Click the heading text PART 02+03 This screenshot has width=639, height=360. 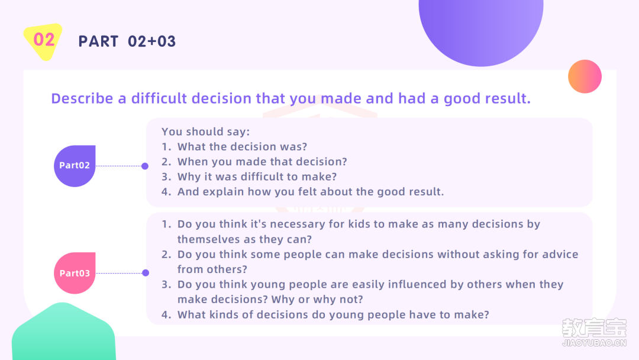[x=127, y=41]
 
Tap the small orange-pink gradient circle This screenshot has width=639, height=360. [x=585, y=76]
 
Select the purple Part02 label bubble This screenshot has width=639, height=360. [x=75, y=166]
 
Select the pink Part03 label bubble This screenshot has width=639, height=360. [x=75, y=273]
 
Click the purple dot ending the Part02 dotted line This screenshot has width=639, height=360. [x=145, y=166]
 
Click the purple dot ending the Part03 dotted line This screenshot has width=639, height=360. [x=146, y=273]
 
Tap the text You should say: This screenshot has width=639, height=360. [x=206, y=131]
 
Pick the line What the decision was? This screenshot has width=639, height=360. [x=234, y=147]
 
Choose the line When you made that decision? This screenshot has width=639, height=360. [x=254, y=162]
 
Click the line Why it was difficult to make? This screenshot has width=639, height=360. [x=250, y=176]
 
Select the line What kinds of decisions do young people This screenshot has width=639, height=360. [x=325, y=315]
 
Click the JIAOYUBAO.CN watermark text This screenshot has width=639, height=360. [x=595, y=343]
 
